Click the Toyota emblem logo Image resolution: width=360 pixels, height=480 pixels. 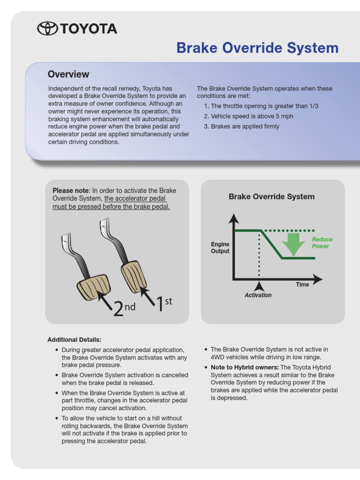click(x=47, y=29)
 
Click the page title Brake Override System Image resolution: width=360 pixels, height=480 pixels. click(x=257, y=48)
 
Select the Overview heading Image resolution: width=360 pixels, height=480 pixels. click(x=68, y=74)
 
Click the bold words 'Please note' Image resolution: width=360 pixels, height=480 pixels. click(x=70, y=190)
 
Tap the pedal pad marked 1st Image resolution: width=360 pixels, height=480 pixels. click(x=134, y=277)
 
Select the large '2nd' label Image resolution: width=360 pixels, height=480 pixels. click(x=124, y=308)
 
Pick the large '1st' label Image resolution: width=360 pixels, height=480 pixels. click(x=164, y=303)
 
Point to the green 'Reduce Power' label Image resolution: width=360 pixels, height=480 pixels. click(x=322, y=243)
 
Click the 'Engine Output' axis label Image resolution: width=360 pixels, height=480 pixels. click(x=220, y=247)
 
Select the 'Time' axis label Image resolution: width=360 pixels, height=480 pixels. click(x=302, y=285)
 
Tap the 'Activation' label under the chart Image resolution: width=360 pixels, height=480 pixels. click(x=258, y=295)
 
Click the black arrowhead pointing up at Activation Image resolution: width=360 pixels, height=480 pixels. click(x=259, y=285)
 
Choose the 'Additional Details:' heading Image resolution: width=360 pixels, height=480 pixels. click(x=74, y=339)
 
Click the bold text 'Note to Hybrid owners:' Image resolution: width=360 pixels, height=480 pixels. click(x=245, y=367)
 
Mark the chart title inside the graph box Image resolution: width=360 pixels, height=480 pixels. click(x=271, y=196)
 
